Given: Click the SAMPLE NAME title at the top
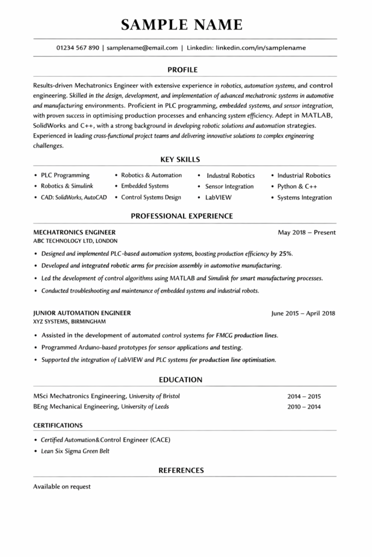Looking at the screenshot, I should click(x=182, y=24).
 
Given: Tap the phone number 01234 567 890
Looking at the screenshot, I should click(x=77, y=48).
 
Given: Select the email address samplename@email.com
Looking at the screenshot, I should click(x=142, y=48).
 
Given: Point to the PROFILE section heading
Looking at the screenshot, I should click(x=182, y=70).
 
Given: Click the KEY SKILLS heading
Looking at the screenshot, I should click(x=180, y=160).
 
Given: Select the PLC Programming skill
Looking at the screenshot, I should click(x=65, y=176).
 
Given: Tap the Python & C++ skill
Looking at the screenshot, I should click(x=297, y=187).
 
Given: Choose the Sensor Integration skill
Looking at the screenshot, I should click(x=229, y=187).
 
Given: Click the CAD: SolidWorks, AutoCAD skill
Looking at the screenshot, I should click(x=74, y=197).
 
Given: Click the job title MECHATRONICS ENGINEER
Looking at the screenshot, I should click(x=74, y=232).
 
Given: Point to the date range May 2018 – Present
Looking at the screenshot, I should click(x=307, y=233).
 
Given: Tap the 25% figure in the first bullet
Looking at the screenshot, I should click(x=285, y=253).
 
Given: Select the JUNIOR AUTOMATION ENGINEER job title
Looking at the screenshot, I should click(x=82, y=313).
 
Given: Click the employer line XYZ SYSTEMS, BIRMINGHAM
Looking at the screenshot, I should click(x=69, y=321).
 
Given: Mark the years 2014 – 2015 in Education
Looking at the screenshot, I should click(x=304, y=397).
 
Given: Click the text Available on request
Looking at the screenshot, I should click(x=62, y=486).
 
